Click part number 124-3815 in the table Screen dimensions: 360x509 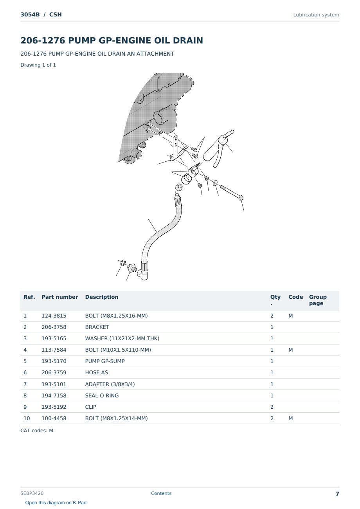54,316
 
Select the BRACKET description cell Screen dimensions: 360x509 97,327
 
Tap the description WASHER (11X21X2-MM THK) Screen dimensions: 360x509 122,338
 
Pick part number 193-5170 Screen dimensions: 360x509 54,361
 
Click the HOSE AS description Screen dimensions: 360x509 97,372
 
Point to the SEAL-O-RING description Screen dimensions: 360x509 102,395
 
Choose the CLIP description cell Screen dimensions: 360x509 91,407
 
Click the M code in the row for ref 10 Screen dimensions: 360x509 290,418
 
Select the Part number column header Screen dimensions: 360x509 60,297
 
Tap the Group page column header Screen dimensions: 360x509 318,300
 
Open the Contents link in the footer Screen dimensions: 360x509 161,493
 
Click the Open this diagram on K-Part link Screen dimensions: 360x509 56,503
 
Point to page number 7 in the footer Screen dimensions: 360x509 337,494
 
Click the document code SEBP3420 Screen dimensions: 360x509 32,493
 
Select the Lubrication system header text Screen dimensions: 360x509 316,15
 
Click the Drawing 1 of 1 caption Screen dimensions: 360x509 38,65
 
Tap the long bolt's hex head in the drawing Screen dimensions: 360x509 241,198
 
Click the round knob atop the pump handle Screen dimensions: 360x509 232,132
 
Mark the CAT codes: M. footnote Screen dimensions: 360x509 38,431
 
